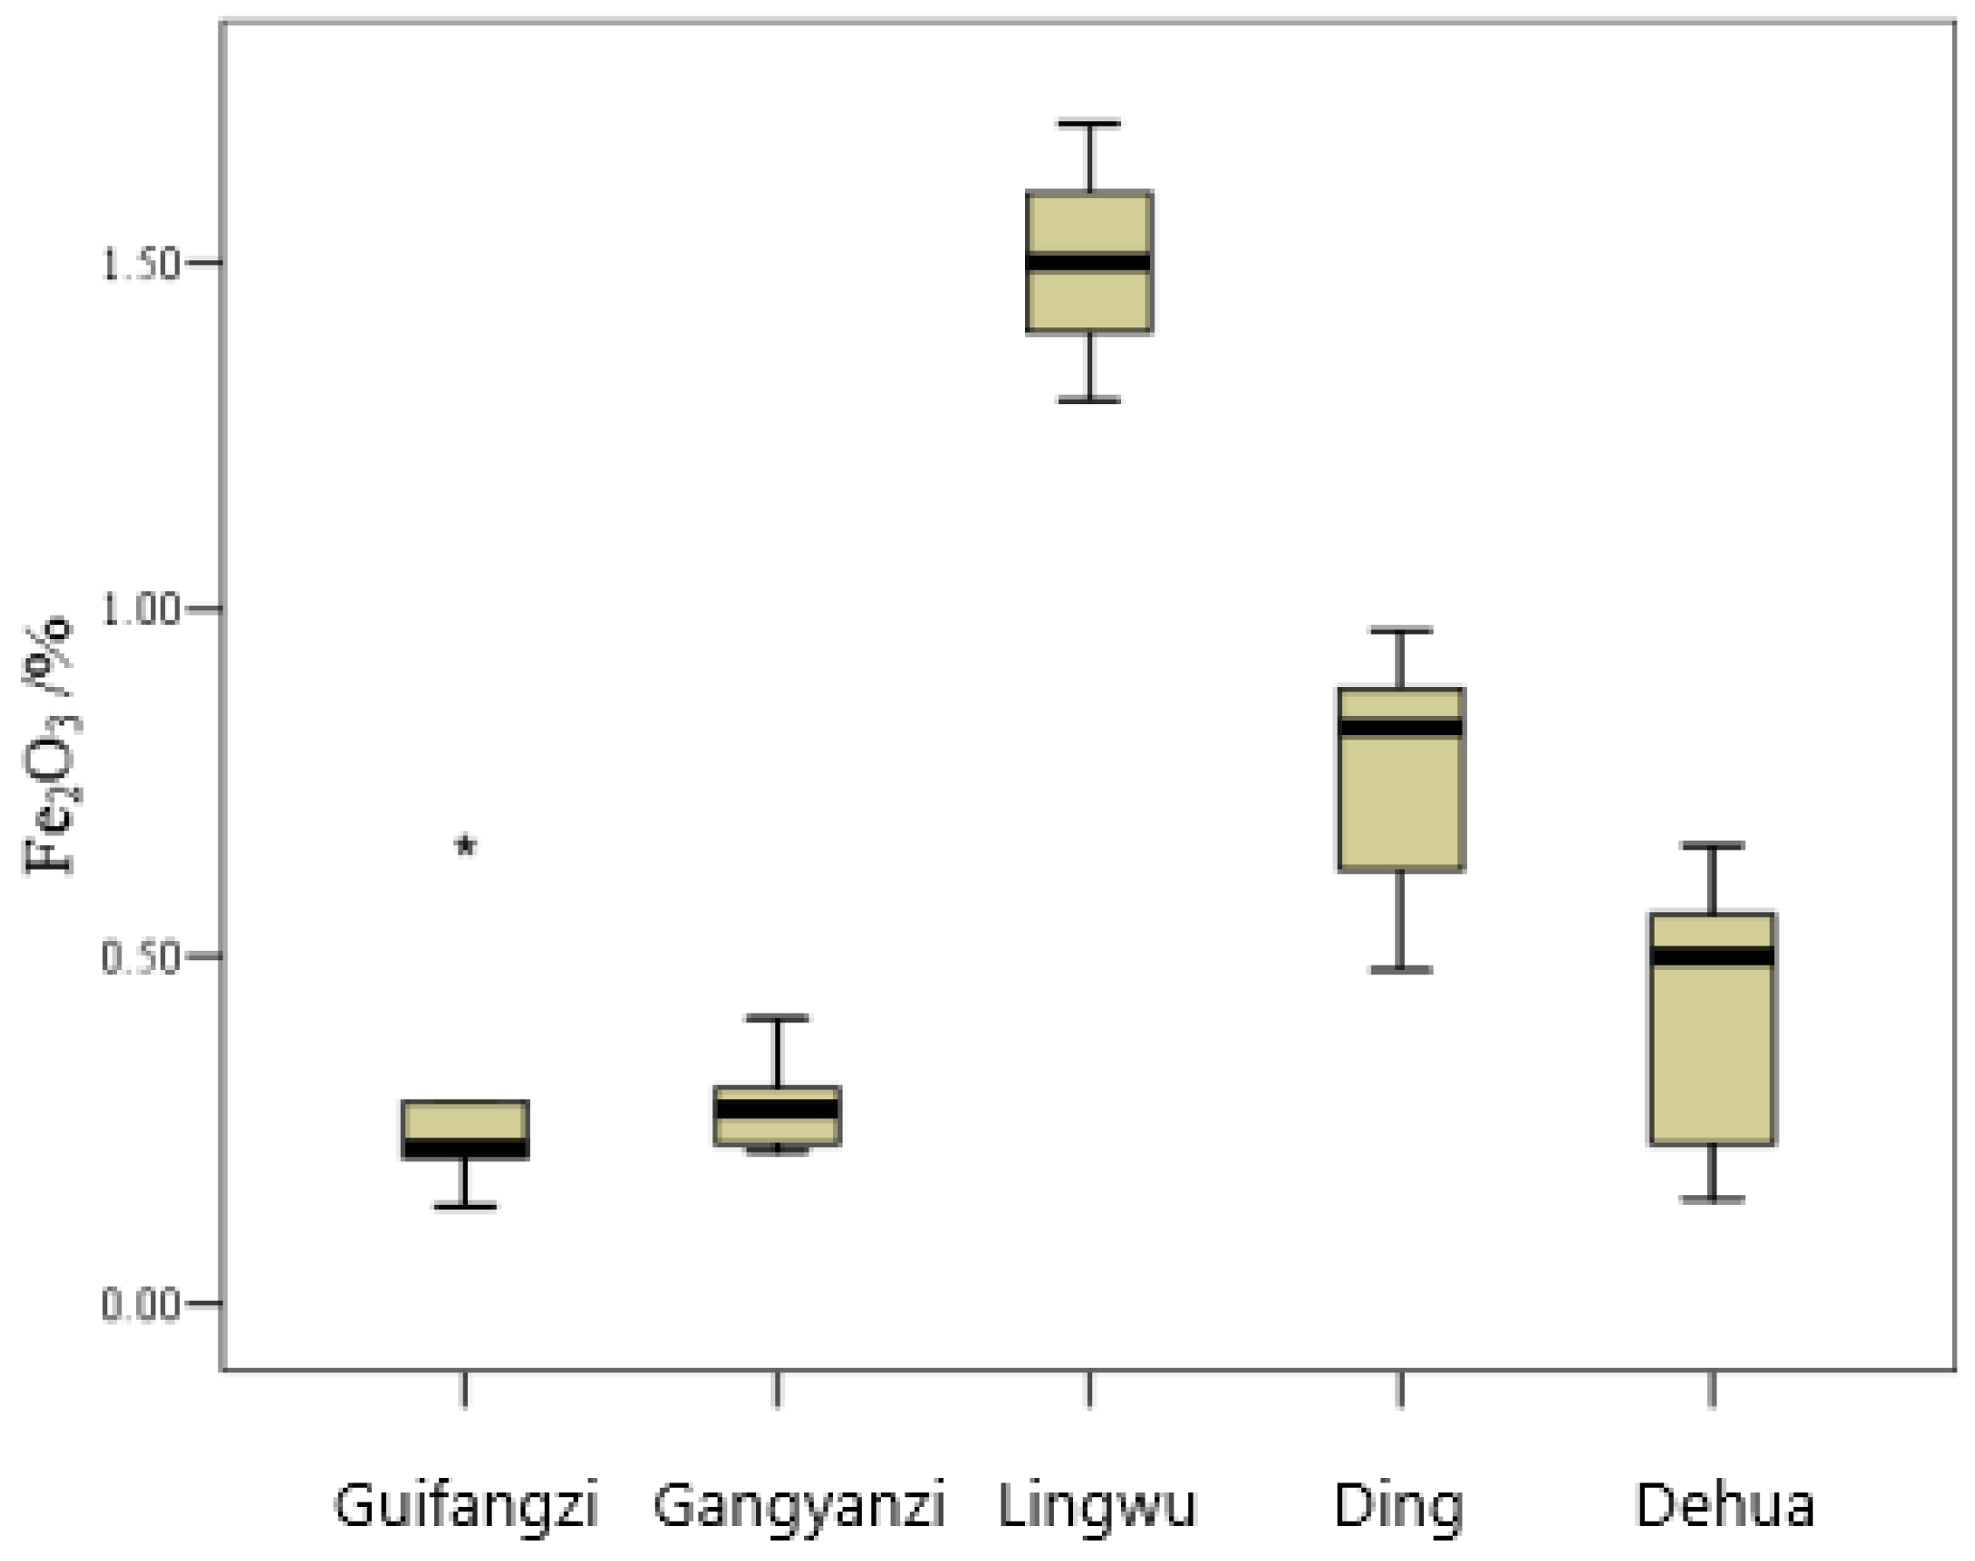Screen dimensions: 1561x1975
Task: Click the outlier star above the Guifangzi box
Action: click(466, 845)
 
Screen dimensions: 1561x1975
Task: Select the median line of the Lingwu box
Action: click(1089, 262)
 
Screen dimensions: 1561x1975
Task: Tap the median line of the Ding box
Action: click(1400, 727)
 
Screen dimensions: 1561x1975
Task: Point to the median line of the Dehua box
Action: click(1713, 957)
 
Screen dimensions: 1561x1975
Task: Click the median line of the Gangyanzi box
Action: click(777, 1110)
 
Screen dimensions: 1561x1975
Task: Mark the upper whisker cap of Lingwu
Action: click(1090, 123)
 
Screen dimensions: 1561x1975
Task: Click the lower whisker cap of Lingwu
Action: click(1090, 399)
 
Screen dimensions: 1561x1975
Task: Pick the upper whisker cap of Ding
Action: click(1400, 630)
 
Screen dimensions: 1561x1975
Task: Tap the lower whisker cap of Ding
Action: click(1400, 970)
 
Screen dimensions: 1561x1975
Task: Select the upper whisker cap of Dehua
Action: click(1713, 845)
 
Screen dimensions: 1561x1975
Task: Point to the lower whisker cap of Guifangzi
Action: click(465, 1207)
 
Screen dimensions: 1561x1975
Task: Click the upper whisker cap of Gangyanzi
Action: click(777, 1018)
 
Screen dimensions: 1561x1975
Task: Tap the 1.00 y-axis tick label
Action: click(140, 610)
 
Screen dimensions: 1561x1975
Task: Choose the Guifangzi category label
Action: click(466, 1505)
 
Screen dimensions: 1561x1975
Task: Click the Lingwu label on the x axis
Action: click(1096, 1505)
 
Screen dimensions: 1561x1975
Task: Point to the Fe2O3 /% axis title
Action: click(47, 745)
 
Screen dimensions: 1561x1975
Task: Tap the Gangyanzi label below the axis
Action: click(799, 1505)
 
